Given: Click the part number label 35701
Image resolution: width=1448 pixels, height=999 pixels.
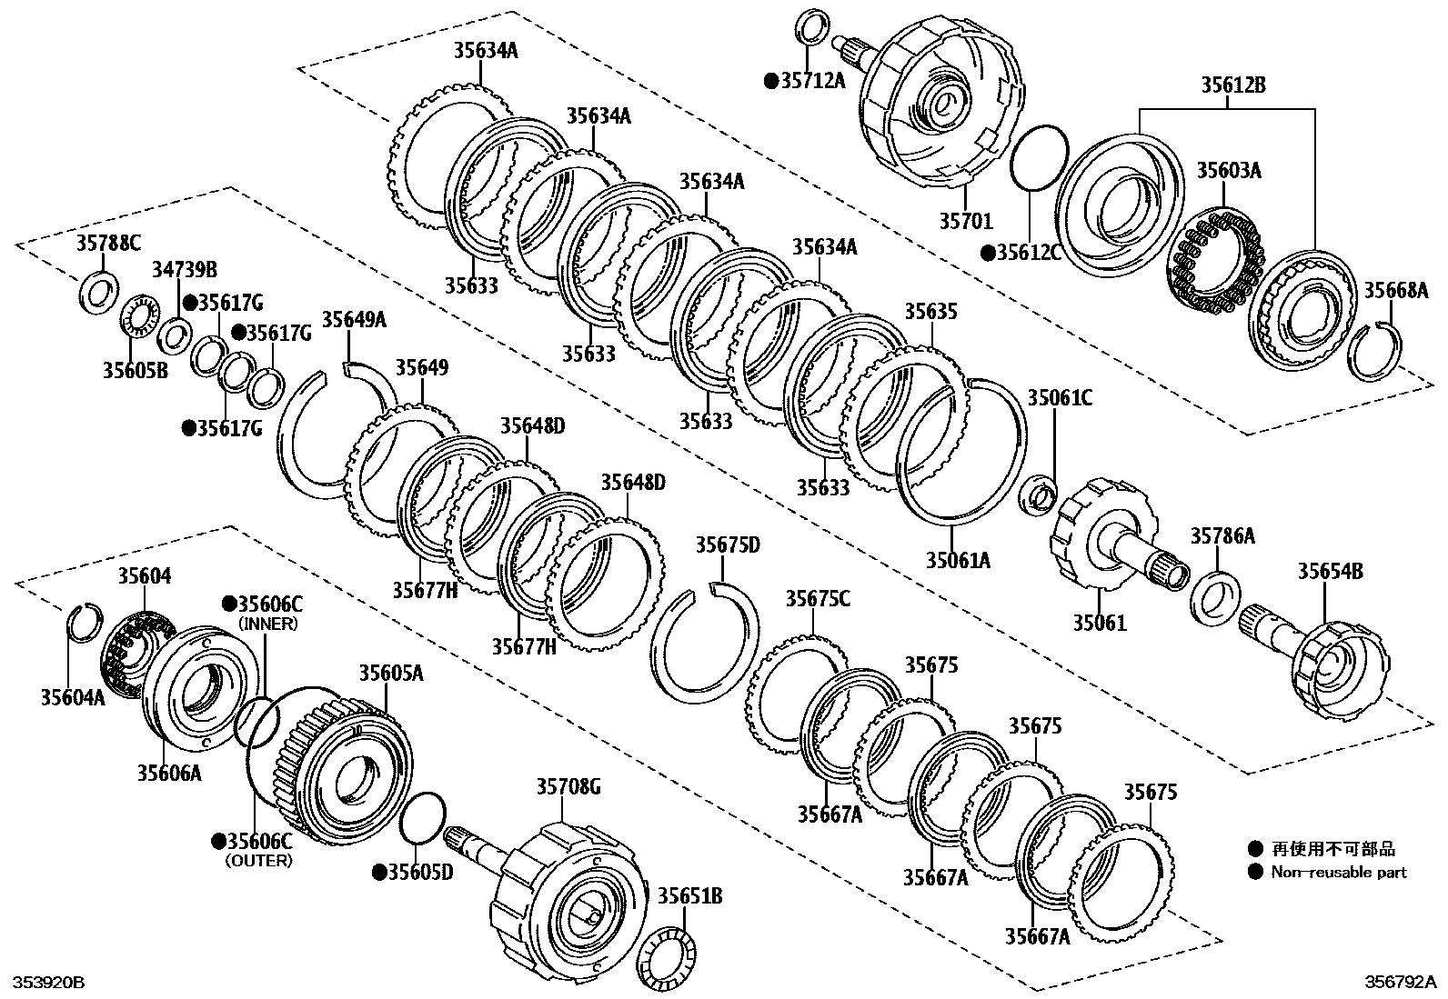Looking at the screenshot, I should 966,220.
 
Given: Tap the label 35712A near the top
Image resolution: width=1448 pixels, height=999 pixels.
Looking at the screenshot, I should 811,81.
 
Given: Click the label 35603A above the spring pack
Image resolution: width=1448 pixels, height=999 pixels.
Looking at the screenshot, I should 1229,170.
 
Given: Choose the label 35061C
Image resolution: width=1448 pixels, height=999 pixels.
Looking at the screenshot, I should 1061,398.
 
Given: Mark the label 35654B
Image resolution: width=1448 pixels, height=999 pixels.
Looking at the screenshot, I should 1330,571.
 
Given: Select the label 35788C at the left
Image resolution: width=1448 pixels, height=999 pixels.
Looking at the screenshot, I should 108,243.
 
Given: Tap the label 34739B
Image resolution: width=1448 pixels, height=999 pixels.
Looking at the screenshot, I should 184,269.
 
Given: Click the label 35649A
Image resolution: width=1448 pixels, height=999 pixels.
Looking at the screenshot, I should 354,319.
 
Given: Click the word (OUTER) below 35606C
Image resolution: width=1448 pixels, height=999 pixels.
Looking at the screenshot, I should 260,860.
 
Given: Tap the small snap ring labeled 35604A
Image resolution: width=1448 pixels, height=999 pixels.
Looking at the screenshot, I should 85,622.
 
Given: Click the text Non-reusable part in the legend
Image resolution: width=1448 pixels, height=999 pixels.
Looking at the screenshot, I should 1338,872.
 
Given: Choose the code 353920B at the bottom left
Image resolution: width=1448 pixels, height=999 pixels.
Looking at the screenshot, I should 47,983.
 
